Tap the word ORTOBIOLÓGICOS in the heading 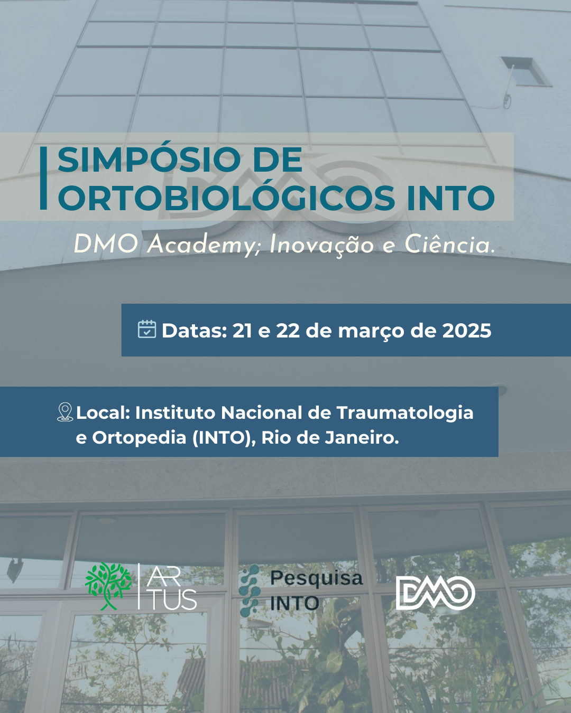226,199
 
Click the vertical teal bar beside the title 43,178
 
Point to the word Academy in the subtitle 203,245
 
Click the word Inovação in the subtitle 321,245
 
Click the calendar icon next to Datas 147,329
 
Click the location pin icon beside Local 65,412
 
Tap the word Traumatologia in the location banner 404,412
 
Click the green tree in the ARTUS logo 108,585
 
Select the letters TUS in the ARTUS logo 173,600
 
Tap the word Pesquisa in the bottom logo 316,578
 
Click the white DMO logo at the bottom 435,593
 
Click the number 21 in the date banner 242,331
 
